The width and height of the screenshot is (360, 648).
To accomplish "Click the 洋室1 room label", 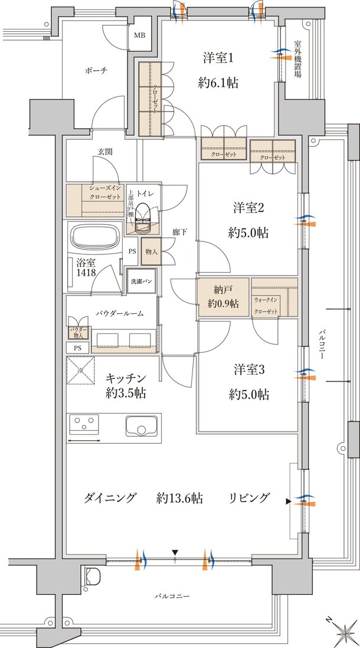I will tap(218, 58).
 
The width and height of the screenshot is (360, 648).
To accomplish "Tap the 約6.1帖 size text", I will tap(218, 83).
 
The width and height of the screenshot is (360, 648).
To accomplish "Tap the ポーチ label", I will tap(96, 71).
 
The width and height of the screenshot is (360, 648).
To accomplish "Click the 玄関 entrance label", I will tap(105, 152).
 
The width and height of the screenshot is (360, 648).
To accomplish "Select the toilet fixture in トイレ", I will tap(143, 220).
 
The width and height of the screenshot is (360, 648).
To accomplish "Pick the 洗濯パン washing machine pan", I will tap(142, 282).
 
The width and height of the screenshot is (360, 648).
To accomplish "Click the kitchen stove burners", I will tap(84, 425).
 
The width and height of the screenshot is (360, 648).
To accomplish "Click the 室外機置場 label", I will tap(298, 60).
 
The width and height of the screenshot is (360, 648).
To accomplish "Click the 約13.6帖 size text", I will tap(180, 498).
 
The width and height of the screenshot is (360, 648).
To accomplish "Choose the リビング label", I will tap(250, 498).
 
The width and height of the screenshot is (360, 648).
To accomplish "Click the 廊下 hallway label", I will tap(181, 233).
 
